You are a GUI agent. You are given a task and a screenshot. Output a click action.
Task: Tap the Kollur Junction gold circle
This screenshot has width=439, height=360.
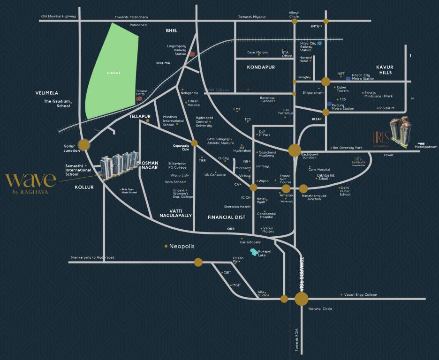coord(84,145)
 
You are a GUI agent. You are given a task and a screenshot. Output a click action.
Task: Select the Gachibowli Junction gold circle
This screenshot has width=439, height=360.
coord(295,150)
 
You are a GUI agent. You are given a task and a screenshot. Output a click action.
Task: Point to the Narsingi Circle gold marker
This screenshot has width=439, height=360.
coord(302,299)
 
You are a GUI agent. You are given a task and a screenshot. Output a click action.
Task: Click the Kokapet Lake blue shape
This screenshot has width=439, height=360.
coord(254,253)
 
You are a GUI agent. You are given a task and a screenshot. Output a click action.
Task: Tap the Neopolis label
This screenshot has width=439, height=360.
coord(182,246)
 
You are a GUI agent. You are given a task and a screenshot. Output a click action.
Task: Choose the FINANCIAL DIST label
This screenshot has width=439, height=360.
coord(227,217)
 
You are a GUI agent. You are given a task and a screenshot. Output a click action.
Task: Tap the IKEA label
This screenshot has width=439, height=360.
coord(316,119)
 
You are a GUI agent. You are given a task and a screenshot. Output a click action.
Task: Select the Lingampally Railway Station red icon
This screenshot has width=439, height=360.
coord(191,54)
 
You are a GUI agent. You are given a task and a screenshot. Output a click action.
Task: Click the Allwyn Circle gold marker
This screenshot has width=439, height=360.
coord(295,21)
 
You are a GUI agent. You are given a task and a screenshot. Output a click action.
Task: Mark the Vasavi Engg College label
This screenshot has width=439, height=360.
coord(360,295)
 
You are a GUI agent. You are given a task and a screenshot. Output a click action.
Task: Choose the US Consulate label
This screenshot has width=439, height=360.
coord(215,174)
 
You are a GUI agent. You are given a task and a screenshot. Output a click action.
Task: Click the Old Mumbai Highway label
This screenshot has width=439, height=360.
coord(58,16)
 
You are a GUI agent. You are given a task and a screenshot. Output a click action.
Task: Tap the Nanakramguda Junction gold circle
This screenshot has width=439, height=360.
coord(303,189)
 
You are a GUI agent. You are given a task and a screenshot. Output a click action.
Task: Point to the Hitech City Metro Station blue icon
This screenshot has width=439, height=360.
coord(348,78)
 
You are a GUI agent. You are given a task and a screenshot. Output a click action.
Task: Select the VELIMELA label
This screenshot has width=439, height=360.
coord(46,93)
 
